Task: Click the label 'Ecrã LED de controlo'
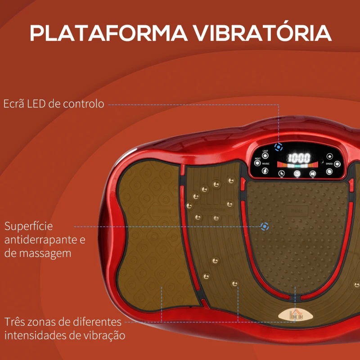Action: click(54, 104)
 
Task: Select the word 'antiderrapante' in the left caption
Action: click(39, 240)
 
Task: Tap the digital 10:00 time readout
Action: click(299, 157)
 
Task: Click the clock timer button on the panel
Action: click(281, 172)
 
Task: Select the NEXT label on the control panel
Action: click(257, 159)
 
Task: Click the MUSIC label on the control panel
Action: click(265, 164)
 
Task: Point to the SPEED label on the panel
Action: click(329, 164)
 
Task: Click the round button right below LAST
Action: click(265, 156)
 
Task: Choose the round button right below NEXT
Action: click(257, 164)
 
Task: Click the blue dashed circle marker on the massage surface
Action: click(265, 226)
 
